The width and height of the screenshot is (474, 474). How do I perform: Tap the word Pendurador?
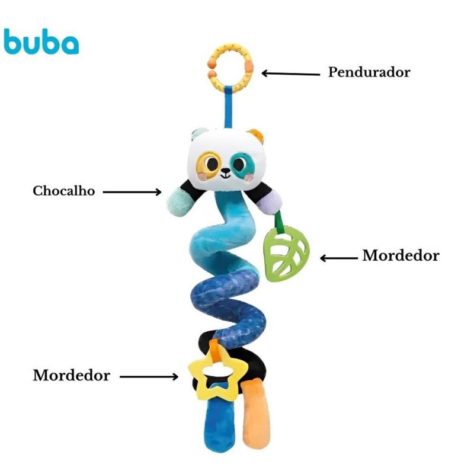pos(369,72)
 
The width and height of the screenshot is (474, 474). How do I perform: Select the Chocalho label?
pos(63,191)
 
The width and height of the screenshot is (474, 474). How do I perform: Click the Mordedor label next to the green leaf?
pos(401,256)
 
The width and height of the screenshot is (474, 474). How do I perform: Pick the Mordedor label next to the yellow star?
pos(71,376)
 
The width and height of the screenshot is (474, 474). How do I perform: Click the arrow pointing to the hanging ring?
pos(291,73)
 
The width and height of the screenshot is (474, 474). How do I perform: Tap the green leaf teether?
pos(287,253)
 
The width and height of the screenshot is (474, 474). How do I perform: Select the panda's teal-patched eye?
pos(243,163)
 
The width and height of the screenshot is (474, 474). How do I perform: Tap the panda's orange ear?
pos(255,135)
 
